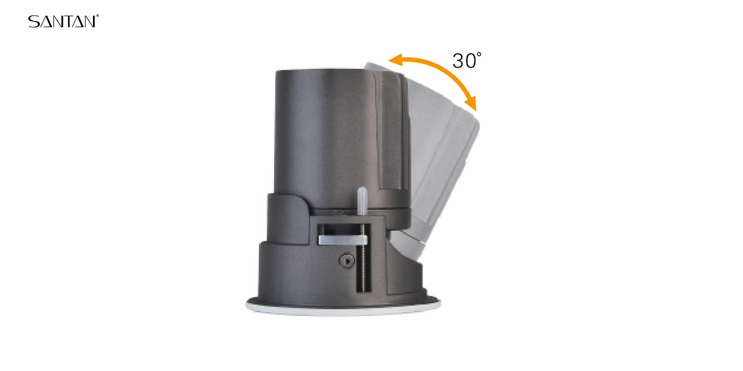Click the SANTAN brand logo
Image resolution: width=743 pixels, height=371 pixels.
pyautogui.click(x=63, y=21)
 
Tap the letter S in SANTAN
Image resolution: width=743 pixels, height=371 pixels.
pyautogui.click(x=33, y=22)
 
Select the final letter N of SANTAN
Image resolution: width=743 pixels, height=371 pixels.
pyautogui.click(x=89, y=22)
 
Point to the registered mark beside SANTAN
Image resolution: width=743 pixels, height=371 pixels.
pyautogui.click(x=98, y=16)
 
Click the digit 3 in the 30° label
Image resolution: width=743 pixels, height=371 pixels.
pyautogui.click(x=458, y=61)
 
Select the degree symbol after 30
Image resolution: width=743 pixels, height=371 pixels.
pyautogui.click(x=479, y=54)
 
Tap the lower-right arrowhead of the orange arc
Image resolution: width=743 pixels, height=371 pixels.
pyautogui.click(x=471, y=104)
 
